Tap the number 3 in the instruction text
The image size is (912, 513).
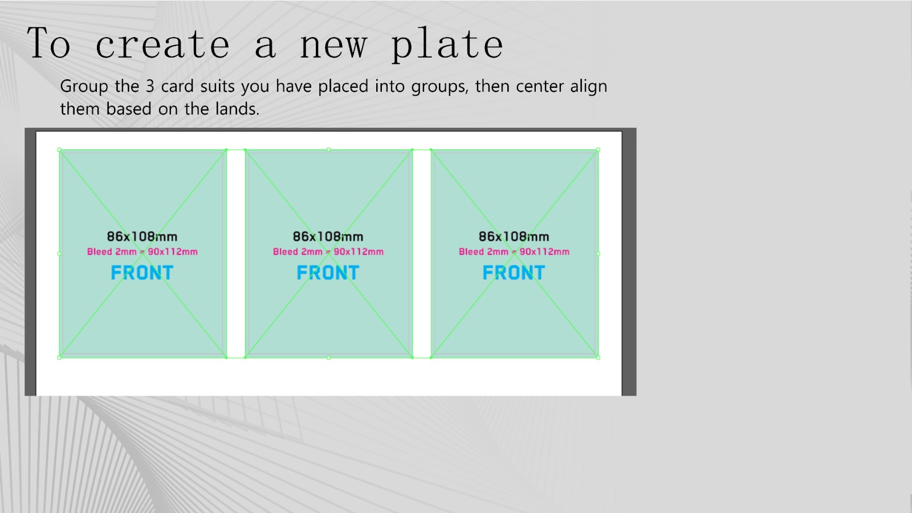150,86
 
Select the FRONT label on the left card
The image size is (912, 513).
142,272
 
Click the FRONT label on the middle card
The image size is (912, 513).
328,272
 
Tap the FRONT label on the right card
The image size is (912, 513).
514,272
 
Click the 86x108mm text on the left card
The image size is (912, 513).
142,237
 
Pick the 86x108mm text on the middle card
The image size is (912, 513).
328,237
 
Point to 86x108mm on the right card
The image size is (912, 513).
514,237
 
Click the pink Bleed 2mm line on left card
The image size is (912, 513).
142,251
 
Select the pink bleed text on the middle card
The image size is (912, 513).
328,251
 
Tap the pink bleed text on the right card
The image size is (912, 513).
514,251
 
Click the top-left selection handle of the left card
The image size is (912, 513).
59,150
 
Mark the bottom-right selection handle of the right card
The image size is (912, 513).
598,357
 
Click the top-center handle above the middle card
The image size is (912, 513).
328,149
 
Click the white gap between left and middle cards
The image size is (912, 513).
236,254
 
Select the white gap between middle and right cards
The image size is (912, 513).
422,254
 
